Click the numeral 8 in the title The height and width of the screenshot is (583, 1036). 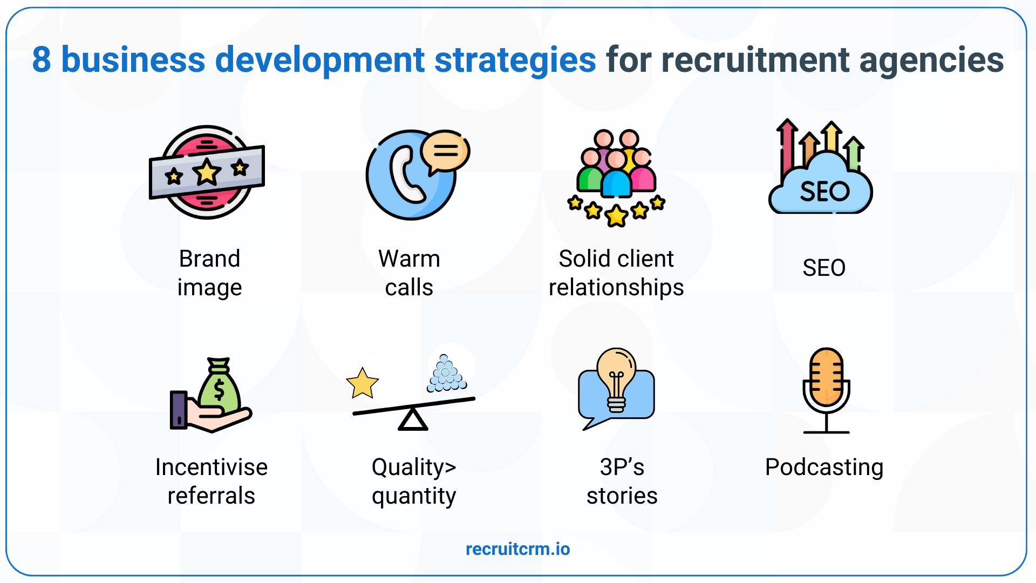[x=41, y=60]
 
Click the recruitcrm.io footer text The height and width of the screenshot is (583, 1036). [x=517, y=549]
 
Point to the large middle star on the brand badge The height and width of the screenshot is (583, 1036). [x=207, y=172]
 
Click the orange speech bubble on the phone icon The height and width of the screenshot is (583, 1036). [x=445, y=151]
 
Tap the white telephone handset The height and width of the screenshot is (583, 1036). [x=405, y=175]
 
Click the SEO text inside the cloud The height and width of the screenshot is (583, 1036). [x=824, y=192]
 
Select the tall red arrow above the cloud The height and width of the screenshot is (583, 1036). [x=787, y=146]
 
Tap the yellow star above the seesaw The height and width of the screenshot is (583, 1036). [x=362, y=383]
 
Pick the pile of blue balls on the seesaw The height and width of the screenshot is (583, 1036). [x=446, y=374]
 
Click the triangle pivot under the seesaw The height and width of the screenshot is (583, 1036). [x=413, y=420]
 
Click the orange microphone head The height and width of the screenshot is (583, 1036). [x=826, y=377]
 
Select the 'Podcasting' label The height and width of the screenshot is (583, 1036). [x=824, y=467]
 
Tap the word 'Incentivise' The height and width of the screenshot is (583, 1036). [x=211, y=467]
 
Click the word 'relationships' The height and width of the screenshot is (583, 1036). [x=616, y=288]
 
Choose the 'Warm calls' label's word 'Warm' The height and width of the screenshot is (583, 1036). [x=409, y=259]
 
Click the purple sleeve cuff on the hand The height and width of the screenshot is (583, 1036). [x=179, y=410]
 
